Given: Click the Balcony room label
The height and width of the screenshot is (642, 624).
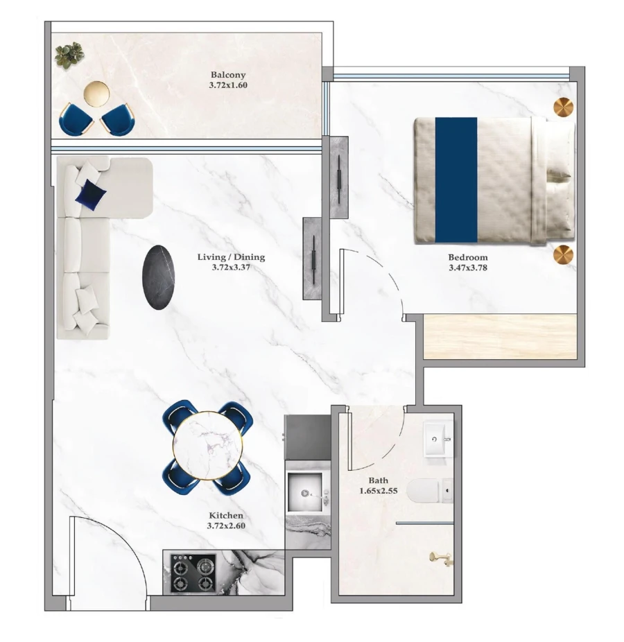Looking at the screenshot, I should (228, 75).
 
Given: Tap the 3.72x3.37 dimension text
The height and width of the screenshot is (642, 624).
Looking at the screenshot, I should (231, 267).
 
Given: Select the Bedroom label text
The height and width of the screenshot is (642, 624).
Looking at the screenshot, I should (467, 257).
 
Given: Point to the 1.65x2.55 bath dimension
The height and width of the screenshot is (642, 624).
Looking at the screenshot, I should (379, 491).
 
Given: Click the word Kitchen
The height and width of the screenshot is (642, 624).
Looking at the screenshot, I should (226, 516).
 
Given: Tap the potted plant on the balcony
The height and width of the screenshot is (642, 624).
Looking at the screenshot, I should (69, 54).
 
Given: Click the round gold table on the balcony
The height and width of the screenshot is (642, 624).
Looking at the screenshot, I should (96, 93).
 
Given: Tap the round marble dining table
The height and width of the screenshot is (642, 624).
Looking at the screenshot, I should (207, 446).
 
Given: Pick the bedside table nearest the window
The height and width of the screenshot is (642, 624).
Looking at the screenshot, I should (564, 108).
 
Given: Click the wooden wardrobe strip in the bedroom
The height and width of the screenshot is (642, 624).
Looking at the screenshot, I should (499, 336).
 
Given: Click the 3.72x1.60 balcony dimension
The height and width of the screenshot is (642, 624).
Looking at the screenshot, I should (228, 86).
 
